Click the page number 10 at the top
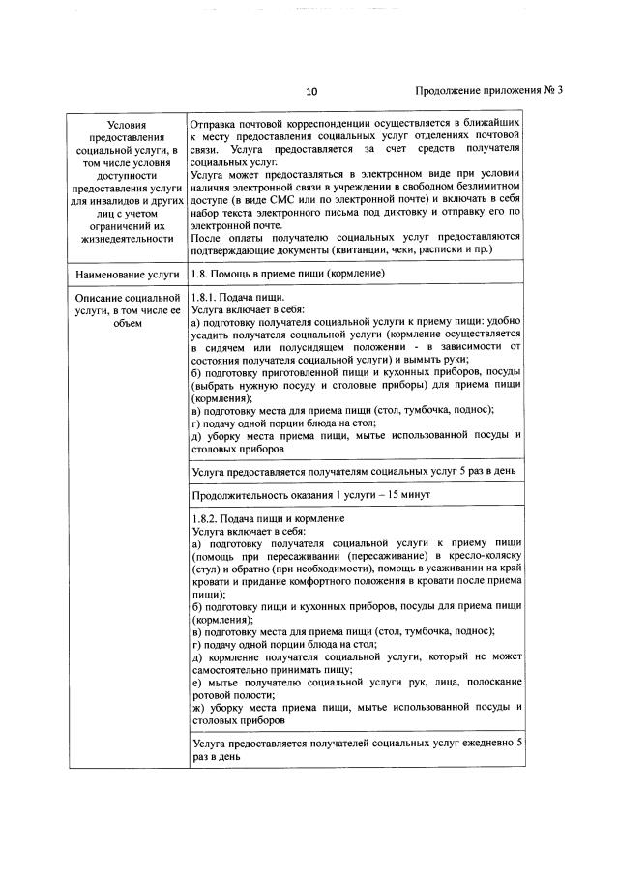[310, 92]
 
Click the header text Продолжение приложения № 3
[488, 91]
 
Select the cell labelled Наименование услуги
[128, 275]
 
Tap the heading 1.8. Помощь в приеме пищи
[288, 275]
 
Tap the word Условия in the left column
[128, 125]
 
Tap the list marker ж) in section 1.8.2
[197, 707]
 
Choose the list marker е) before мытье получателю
[196, 682]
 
